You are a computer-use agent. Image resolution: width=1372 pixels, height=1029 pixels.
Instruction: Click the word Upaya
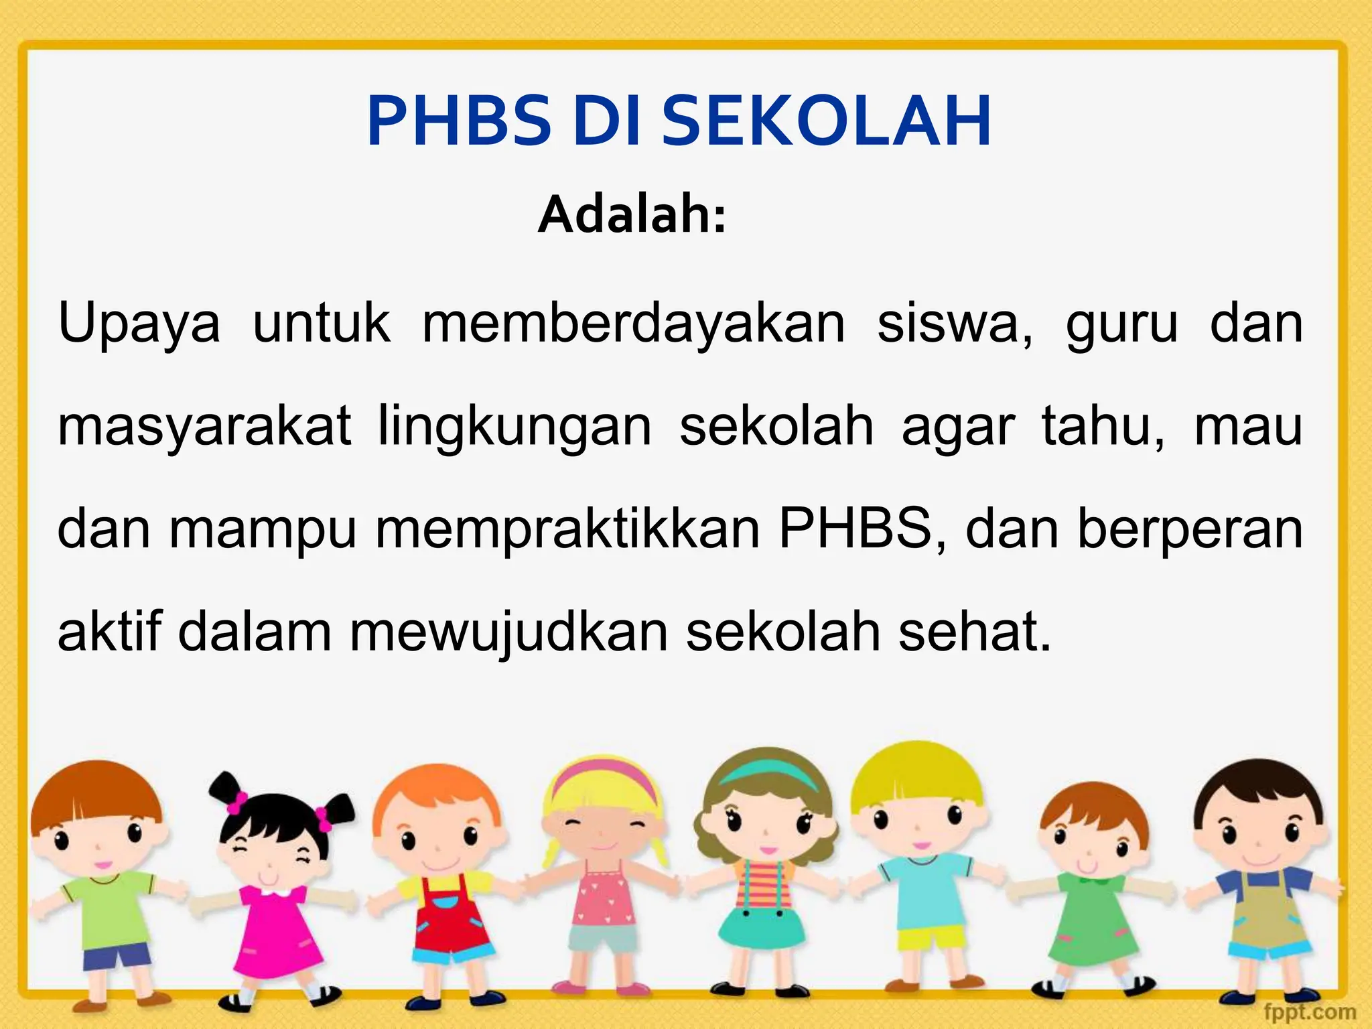click(x=139, y=324)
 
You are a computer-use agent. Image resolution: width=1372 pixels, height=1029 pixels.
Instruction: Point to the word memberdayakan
click(x=633, y=324)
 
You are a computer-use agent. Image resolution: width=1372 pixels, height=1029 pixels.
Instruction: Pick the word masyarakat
click(x=204, y=427)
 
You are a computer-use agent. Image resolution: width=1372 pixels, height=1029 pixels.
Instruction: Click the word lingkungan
click(x=514, y=427)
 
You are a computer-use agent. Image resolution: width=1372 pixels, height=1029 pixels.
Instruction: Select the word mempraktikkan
click(x=567, y=529)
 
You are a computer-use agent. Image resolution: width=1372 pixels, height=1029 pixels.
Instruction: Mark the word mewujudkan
click(x=509, y=632)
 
